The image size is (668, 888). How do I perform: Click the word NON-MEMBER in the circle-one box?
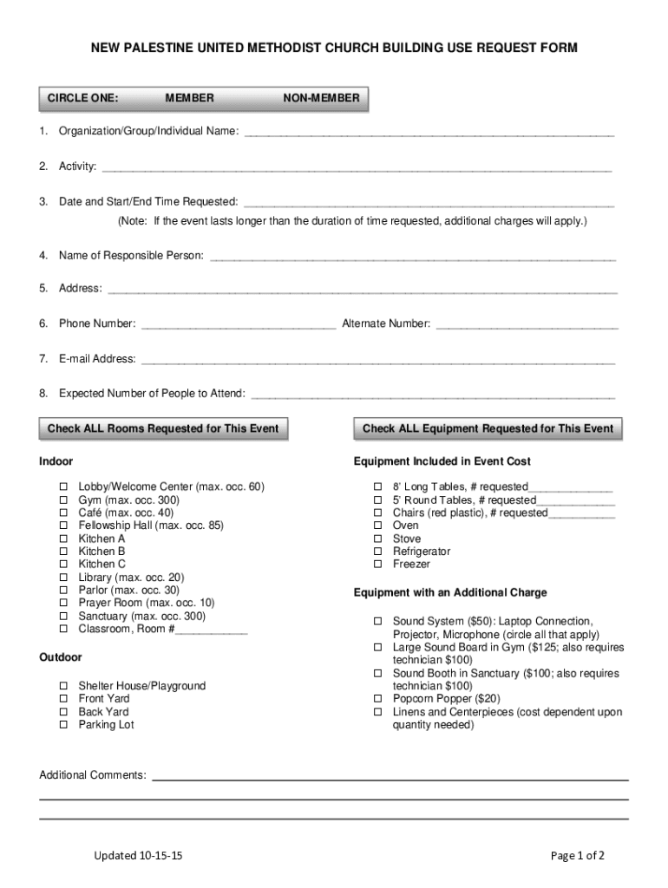(321, 98)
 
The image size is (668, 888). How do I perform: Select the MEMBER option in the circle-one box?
(189, 98)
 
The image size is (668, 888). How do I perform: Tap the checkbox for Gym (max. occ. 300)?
(63, 500)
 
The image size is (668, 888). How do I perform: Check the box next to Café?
(63, 513)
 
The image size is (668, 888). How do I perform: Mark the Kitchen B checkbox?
(63, 552)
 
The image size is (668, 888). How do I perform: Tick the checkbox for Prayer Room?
(63, 603)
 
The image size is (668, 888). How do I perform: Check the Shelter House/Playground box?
(63, 686)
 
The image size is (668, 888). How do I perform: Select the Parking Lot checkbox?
(63, 725)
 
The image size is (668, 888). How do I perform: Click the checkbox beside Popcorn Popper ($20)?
(377, 699)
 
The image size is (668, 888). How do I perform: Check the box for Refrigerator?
(377, 552)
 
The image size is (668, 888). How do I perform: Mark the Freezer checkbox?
(377, 565)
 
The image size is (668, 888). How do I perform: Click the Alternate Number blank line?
(527, 325)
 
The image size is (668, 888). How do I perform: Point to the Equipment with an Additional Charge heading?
(450, 593)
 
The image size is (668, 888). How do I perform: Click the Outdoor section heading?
(61, 657)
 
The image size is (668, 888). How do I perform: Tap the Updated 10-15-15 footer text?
(138, 856)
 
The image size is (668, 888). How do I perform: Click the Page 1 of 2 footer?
(578, 856)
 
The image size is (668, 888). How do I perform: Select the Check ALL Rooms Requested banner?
(163, 428)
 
